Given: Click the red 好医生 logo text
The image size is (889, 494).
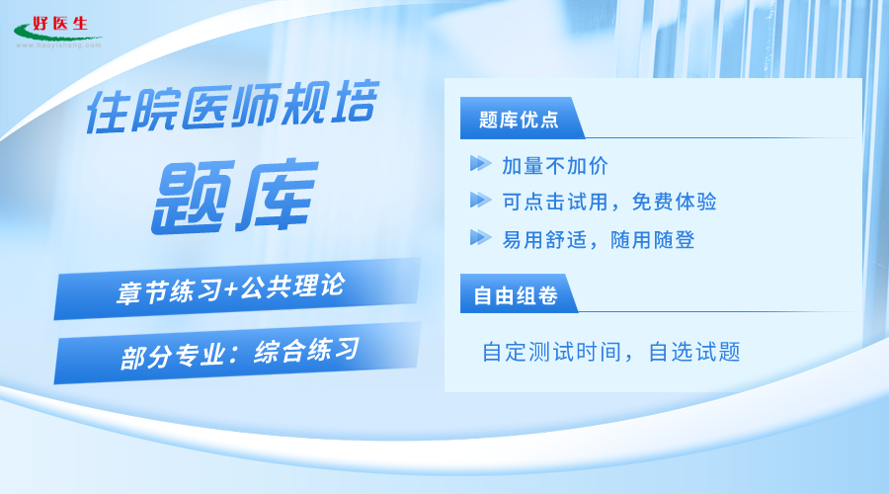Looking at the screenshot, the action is coord(60,24).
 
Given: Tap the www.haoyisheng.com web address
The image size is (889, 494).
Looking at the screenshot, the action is coord(58,45).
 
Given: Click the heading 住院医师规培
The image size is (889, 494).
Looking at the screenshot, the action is coord(232,106).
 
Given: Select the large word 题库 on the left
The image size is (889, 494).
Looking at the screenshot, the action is coord(235,197).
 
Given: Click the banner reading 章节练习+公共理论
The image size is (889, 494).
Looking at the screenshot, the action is coord(237,288).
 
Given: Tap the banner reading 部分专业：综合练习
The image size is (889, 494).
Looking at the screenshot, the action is coord(237,353).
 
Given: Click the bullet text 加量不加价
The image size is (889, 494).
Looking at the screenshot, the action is coord(554,166).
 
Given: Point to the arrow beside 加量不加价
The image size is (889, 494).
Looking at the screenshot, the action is coord(480,163).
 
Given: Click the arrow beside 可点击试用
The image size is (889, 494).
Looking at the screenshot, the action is coord(480,200).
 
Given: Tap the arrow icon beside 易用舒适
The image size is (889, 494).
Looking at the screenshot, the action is coord(480,237).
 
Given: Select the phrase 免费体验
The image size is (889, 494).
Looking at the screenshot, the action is coord(674,202).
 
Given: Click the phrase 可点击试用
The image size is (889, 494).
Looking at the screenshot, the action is coord(555,202).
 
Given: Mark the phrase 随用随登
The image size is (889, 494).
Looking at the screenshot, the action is coord(653,240).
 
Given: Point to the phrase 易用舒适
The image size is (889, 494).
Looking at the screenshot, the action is coord(544,240).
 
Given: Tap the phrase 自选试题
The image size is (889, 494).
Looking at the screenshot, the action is coord(694,352).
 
